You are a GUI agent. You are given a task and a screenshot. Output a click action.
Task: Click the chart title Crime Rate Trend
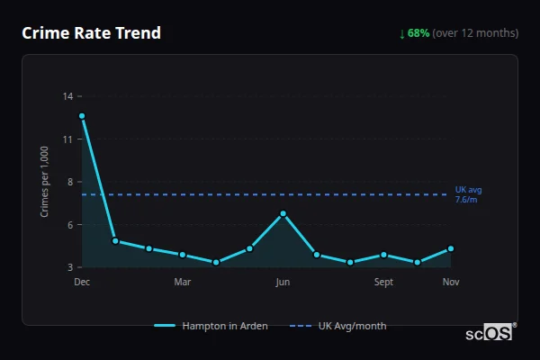[x=91, y=33]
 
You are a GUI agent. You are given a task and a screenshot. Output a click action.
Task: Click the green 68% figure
[x=418, y=33]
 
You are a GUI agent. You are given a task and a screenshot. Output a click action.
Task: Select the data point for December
[x=82, y=116]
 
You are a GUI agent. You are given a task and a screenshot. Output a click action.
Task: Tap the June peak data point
[x=283, y=213]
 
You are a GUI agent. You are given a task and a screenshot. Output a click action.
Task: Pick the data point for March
[x=183, y=255]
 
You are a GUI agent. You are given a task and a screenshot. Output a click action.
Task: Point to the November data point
[x=451, y=248]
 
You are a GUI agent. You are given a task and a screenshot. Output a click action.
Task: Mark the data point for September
[x=383, y=255]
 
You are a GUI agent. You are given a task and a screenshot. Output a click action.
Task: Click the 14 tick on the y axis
[x=68, y=96]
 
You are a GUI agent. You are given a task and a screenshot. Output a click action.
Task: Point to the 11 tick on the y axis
[x=68, y=139]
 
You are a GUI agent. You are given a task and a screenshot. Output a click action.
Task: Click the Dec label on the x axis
[x=82, y=283]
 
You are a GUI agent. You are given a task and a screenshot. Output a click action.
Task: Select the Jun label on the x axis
[x=283, y=283]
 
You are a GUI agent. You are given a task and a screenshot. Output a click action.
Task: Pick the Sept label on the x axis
[x=383, y=283]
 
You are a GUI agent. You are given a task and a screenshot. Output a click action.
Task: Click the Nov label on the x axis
[x=451, y=283]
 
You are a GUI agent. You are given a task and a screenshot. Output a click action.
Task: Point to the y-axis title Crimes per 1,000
[x=45, y=181]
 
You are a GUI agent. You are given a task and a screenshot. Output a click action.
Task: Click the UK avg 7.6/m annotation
[x=468, y=194]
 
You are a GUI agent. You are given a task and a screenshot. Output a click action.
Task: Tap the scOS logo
[x=490, y=332]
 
